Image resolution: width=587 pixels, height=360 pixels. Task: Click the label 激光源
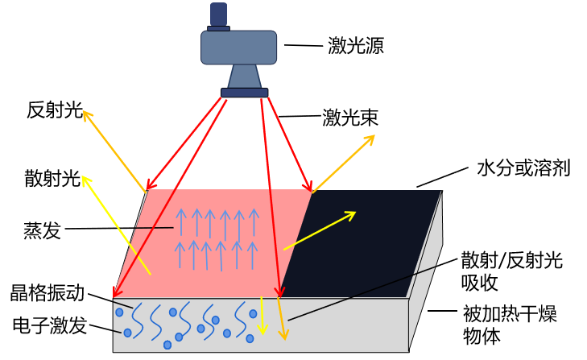coord(356,46)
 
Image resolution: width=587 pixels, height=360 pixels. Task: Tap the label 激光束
coord(350,118)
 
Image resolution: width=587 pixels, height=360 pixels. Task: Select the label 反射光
coord(55,110)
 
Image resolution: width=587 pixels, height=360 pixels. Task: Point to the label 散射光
coord(52,178)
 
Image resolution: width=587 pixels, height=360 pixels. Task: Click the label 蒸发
coord(42,230)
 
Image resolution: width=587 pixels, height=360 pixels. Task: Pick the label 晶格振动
coord(48,292)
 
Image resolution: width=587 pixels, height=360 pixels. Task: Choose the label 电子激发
coord(50,325)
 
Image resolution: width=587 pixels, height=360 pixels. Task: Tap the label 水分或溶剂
coord(523,168)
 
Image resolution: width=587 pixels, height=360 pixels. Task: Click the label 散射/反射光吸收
coord(512,271)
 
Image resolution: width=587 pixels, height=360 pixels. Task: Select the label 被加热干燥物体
coord(510,325)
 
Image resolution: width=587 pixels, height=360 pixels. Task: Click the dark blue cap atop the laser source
coord(219,17)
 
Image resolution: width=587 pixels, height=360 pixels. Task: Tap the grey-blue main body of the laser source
coord(239,48)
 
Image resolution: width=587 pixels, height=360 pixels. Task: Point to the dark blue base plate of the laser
coord(245,93)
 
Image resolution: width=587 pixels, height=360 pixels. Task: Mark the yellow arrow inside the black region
coord(320,230)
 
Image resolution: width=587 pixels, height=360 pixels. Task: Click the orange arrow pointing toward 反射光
coord(114,151)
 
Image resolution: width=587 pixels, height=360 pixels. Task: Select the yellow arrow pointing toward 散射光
coord(117,226)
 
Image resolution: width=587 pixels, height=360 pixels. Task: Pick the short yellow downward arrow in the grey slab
coord(262,316)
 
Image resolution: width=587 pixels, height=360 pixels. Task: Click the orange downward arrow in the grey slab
coord(282,318)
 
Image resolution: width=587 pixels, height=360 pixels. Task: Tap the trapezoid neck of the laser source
coord(244,77)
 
